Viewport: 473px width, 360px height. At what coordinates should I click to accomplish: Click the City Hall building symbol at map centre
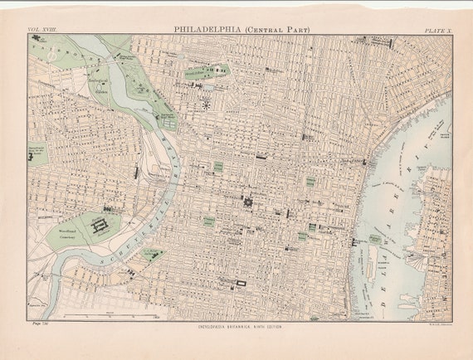247,201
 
